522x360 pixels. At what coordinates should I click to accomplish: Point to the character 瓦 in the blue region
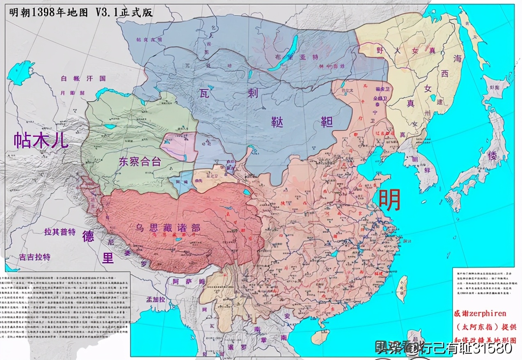[x=206, y=93]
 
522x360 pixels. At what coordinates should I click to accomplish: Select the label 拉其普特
[x=60, y=232]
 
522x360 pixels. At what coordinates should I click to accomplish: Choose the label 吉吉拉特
[x=35, y=257]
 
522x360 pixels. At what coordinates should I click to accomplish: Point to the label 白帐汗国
[x=77, y=78]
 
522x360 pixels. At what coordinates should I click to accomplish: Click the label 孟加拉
[x=156, y=300]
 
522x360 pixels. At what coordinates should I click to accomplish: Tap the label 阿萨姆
[x=188, y=282]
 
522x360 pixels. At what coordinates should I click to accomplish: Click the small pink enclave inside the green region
[x=179, y=146]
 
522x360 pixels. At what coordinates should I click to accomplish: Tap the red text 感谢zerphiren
[x=480, y=313]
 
